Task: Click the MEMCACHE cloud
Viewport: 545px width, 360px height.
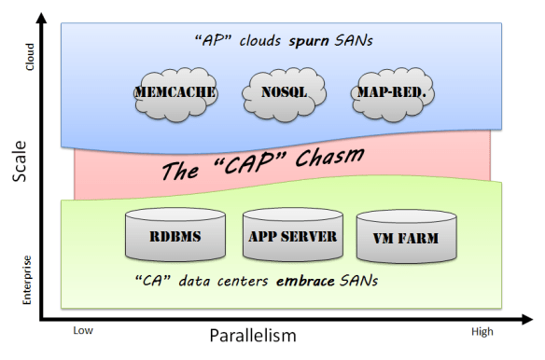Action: (175, 93)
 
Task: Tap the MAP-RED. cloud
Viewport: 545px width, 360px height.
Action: (391, 93)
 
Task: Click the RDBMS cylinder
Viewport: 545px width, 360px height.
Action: (175, 237)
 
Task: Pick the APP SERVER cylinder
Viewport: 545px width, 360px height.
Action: (293, 235)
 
